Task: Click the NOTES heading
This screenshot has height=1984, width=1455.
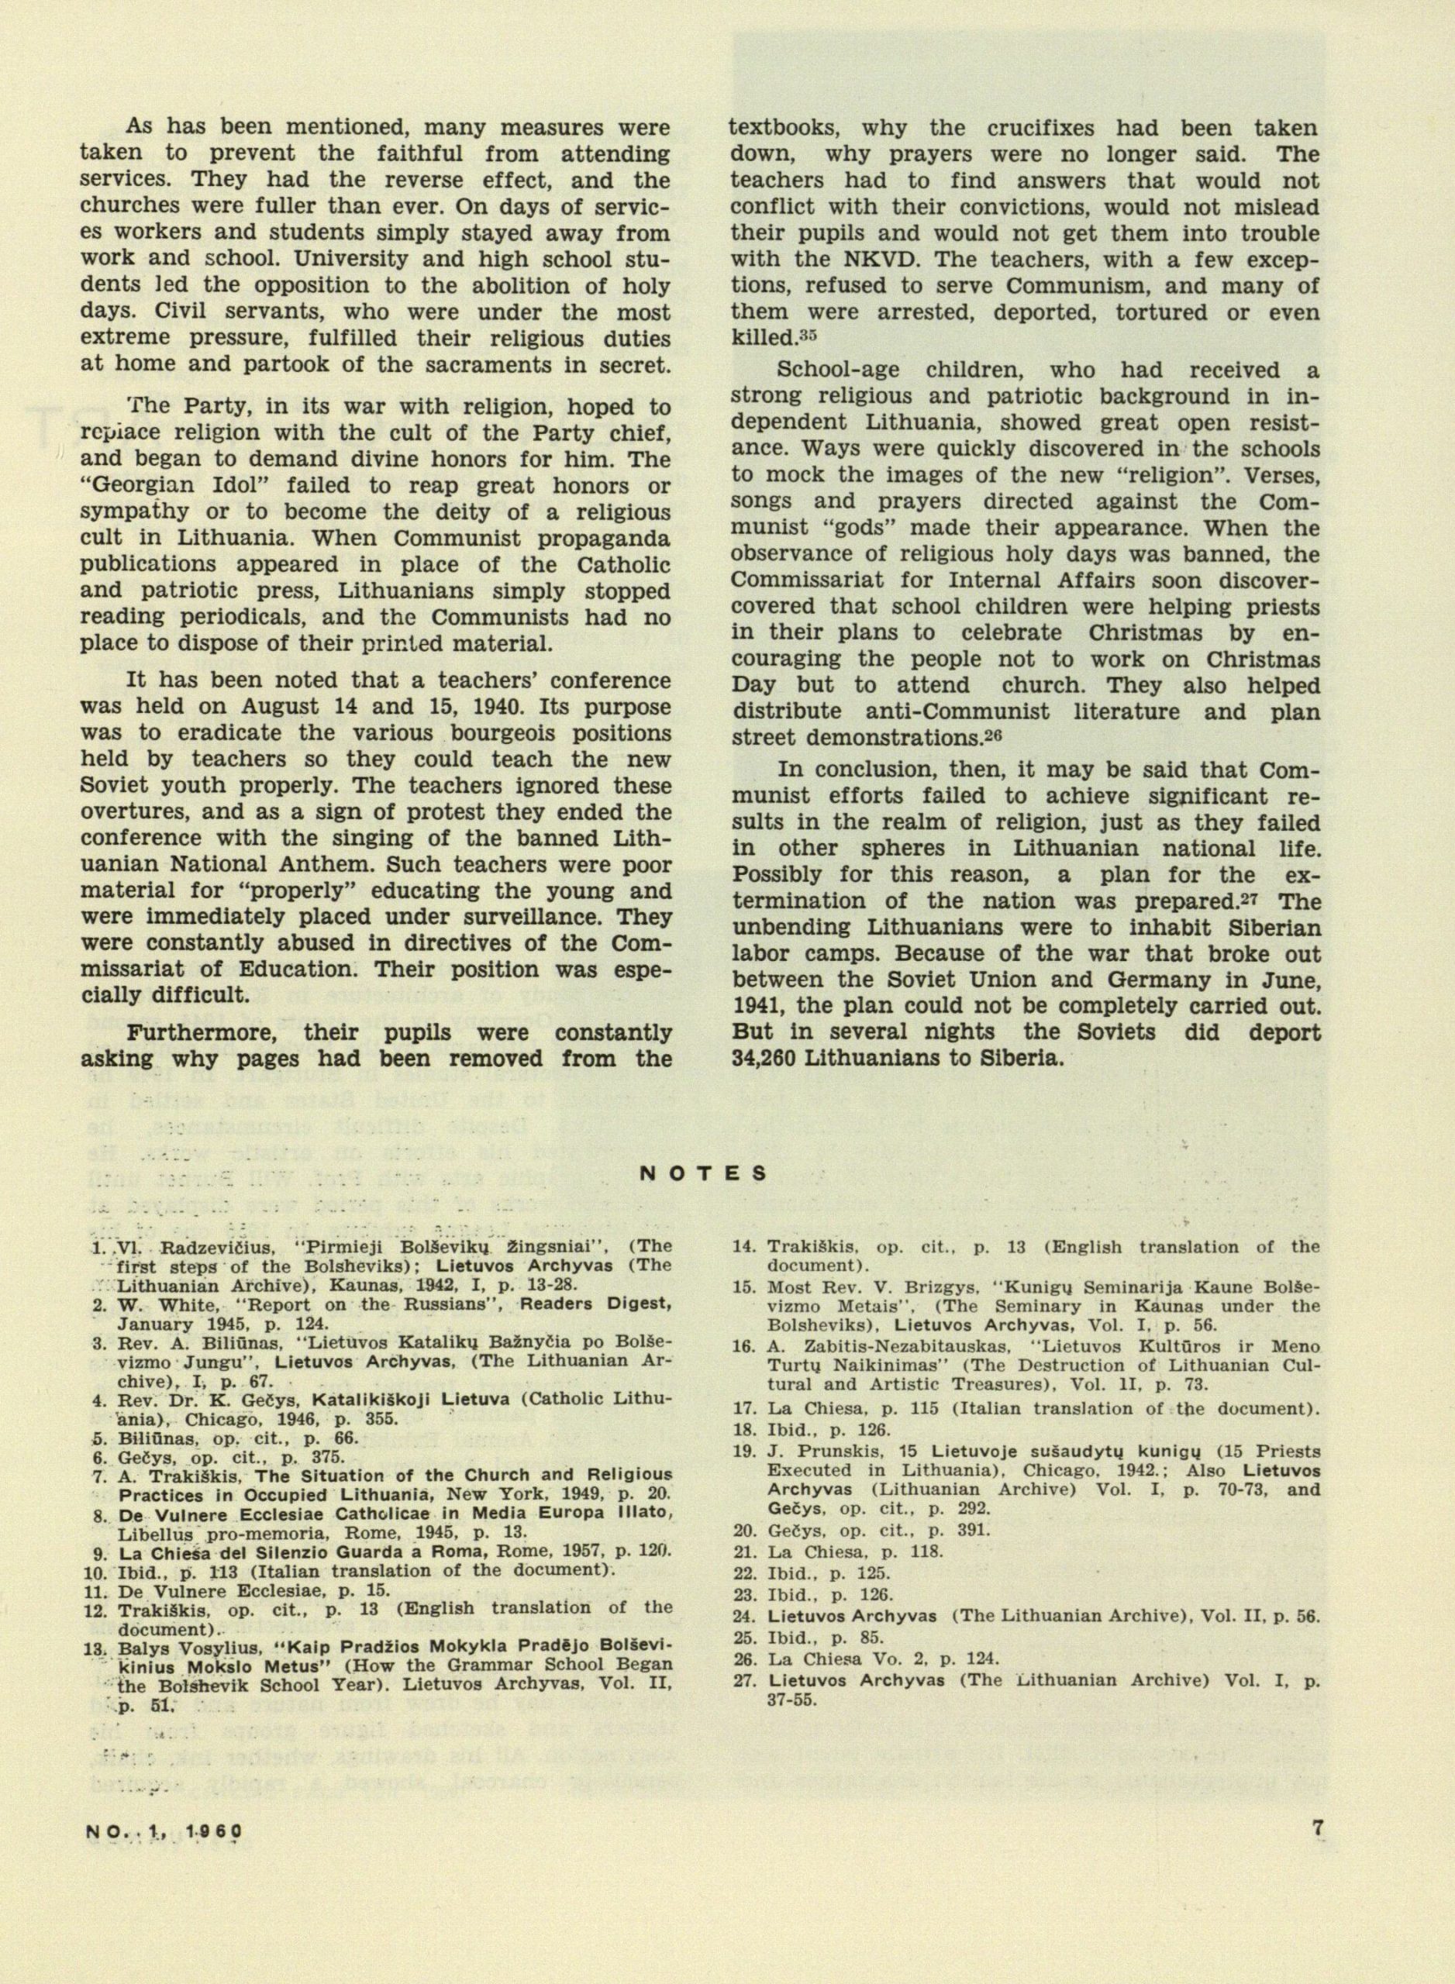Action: (x=702, y=1173)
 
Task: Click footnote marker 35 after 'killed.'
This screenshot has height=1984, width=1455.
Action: (x=808, y=336)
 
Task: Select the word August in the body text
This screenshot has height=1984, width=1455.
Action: (x=270, y=706)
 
